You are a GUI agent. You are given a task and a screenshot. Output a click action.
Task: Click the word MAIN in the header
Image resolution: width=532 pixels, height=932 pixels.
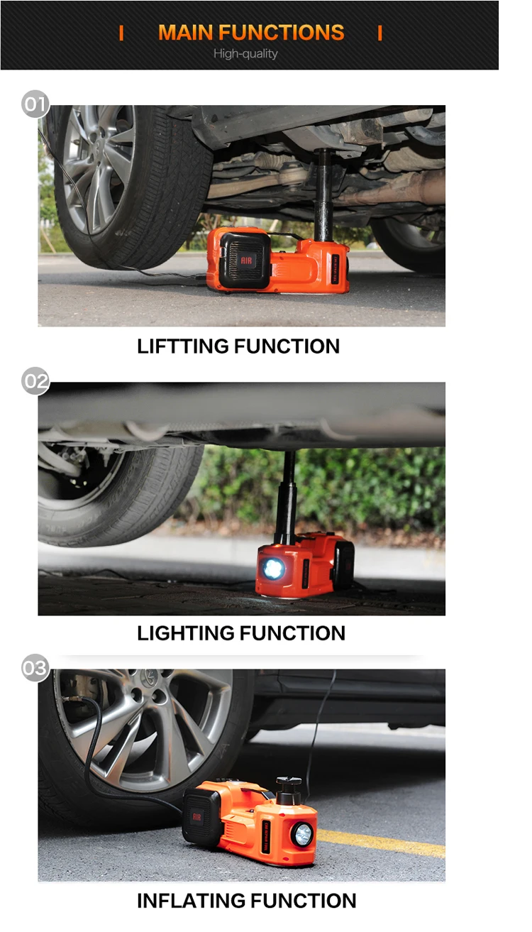186,33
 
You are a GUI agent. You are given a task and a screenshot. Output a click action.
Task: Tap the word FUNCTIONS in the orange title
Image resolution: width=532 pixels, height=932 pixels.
282,33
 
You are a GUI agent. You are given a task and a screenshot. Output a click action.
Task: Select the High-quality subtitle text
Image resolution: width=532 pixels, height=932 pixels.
245,54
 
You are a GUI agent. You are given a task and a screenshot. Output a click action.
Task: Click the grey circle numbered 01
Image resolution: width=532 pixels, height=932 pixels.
35,104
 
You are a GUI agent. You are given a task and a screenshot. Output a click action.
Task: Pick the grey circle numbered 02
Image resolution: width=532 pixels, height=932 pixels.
35,380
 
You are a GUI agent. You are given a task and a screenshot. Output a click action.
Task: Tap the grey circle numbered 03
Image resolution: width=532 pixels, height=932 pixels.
35,668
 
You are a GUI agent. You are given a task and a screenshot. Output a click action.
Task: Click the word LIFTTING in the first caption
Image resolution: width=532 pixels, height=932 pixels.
182,346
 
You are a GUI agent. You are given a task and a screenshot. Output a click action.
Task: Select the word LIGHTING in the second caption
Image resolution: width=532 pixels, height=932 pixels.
185,633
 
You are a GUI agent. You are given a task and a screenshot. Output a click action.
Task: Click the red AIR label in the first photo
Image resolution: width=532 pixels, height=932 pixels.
246,261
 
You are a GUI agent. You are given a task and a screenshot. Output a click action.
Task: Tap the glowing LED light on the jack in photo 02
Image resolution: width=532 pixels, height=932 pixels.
273,568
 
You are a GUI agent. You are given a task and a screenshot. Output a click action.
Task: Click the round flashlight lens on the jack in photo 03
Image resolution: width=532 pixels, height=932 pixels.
303,834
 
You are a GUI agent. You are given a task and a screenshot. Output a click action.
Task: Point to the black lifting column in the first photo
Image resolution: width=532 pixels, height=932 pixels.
324,195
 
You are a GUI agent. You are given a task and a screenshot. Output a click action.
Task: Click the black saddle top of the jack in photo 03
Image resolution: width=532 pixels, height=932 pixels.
289,782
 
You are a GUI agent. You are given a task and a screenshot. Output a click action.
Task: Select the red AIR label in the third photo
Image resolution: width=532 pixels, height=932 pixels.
196,817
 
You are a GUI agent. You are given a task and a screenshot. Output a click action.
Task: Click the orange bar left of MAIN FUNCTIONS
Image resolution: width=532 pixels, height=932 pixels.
121,33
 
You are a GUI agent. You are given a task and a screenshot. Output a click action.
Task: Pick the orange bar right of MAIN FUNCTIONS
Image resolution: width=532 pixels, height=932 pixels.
380,33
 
